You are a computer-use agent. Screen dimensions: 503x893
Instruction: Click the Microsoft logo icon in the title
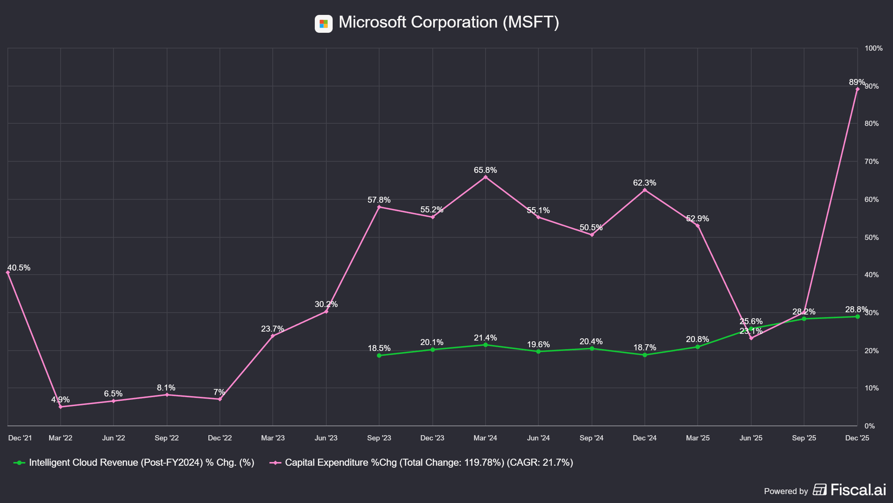pyautogui.click(x=323, y=24)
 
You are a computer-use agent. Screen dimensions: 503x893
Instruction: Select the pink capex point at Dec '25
pyautogui.click(x=857, y=89)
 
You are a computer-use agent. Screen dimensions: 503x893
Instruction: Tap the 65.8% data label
pyautogui.click(x=485, y=170)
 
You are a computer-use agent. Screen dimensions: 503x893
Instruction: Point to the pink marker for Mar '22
pyautogui.click(x=61, y=407)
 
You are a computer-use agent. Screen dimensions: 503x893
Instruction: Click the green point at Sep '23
pyautogui.click(x=379, y=355)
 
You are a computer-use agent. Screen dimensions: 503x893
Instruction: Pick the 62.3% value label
pyautogui.click(x=644, y=183)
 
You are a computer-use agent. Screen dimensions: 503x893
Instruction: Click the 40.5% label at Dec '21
pyautogui.click(x=19, y=268)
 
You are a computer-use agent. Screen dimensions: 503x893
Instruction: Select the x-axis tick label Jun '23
pyautogui.click(x=326, y=438)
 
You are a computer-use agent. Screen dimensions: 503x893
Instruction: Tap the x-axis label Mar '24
pyautogui.click(x=485, y=438)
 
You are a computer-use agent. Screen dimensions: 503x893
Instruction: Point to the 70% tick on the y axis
pyautogui.click(x=871, y=162)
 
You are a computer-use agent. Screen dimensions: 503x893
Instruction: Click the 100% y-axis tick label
pyautogui.click(x=873, y=48)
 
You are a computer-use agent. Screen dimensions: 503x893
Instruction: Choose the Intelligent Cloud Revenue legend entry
pyautogui.click(x=141, y=463)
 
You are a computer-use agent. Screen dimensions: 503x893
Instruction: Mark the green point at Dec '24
pyautogui.click(x=645, y=355)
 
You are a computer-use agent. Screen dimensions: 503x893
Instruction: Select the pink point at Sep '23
pyautogui.click(x=379, y=207)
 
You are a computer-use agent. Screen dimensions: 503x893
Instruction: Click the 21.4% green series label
pyautogui.click(x=485, y=338)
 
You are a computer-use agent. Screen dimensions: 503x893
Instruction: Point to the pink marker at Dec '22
pyautogui.click(x=220, y=399)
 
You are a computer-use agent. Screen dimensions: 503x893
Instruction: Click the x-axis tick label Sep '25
pyautogui.click(x=804, y=438)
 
